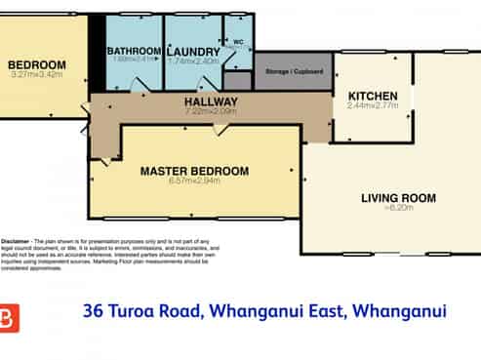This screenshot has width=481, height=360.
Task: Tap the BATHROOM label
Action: click(134, 51)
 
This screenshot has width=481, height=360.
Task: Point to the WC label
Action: click(238, 42)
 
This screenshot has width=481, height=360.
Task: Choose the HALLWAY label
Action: click(212, 101)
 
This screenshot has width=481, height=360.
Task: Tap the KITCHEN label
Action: click(372, 95)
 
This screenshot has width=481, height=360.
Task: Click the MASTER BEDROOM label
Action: click(194, 171)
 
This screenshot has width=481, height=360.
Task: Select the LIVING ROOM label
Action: click(398, 199)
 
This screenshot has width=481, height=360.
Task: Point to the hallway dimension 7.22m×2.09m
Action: click(212, 111)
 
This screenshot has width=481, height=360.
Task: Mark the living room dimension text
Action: click(398, 208)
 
